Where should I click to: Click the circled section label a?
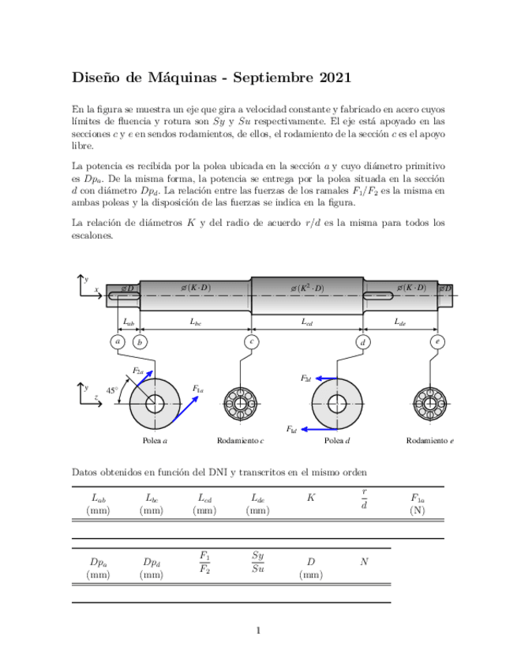tap(118, 342)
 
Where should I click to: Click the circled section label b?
tap(140, 342)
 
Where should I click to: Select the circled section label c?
tap(251, 342)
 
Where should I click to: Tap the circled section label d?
tap(363, 342)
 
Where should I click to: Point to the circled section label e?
tap(437, 342)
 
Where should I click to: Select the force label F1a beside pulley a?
tap(197, 389)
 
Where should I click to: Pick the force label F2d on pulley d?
tap(305, 378)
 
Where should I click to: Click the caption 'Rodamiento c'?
tap(240, 440)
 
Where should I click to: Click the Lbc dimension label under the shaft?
tap(196, 322)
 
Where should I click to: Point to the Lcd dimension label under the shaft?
tap(307, 322)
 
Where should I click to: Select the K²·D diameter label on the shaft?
tap(307, 288)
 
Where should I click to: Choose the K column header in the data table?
tap(311, 498)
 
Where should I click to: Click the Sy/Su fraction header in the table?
tap(258, 562)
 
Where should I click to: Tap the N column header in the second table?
tap(364, 562)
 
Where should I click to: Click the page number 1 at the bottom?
tap(258, 630)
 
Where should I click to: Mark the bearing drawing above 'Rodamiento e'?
tap(430, 403)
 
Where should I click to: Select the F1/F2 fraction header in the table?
tap(204, 562)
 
